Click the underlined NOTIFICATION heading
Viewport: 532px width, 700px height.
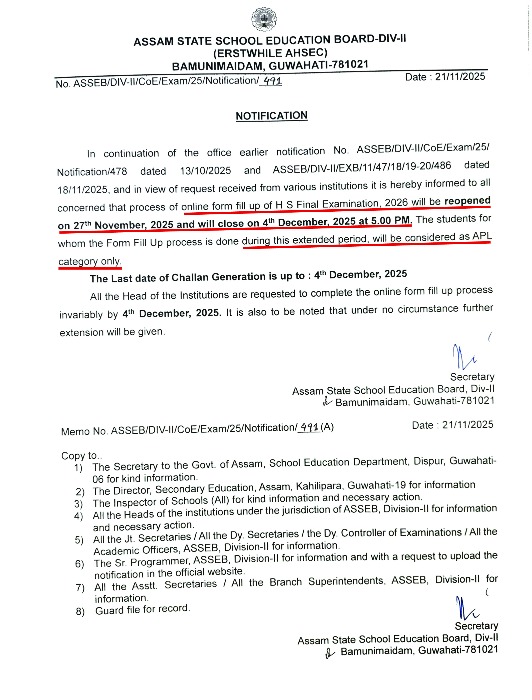[271, 116]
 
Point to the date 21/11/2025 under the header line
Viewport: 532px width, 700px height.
[460, 77]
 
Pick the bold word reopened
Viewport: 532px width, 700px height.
[467, 201]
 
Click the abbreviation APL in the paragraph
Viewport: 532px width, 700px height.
[482, 236]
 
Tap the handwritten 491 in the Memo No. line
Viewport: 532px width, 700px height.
[309, 428]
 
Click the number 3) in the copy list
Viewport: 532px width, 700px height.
[79, 504]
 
